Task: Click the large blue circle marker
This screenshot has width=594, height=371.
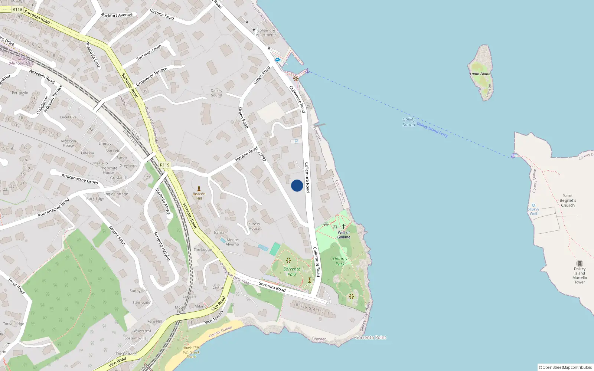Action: pos(297,185)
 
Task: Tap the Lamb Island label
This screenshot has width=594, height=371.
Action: pos(480,74)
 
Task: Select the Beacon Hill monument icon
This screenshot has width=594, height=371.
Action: pos(199,188)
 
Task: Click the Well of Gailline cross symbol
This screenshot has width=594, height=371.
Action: pos(344,226)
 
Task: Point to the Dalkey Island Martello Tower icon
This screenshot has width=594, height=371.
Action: pos(580,263)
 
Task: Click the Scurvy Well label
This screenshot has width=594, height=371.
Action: pos(533,211)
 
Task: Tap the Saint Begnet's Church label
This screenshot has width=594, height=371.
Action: pos(568,200)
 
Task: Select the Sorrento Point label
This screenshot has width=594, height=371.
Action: pos(371,337)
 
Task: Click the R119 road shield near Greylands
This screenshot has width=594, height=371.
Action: pos(164,165)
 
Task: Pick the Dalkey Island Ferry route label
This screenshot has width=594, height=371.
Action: pos(432,129)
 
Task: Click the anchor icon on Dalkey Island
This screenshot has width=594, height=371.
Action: pos(513,156)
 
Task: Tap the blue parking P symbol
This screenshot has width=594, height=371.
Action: pos(296,141)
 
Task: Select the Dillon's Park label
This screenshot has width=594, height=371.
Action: pos(340,261)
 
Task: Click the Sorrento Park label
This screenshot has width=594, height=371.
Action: pos(292,272)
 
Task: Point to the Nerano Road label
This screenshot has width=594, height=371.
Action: pos(246,154)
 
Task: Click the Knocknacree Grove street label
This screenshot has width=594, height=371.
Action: pos(80,179)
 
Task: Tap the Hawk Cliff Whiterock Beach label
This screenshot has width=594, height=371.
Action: pos(191,352)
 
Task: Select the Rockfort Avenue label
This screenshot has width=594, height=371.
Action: pos(117,15)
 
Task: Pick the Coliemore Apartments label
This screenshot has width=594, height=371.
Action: pos(267,33)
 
